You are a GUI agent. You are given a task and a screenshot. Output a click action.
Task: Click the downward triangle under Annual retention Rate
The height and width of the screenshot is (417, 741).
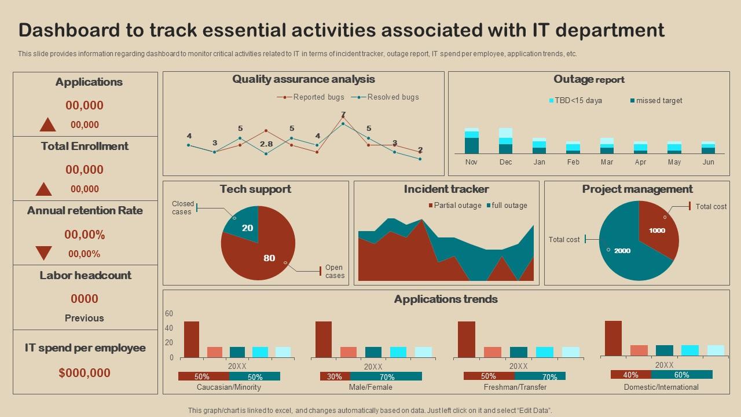tap(44, 253)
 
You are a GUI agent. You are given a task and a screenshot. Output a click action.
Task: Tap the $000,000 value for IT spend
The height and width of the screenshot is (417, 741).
tap(85, 373)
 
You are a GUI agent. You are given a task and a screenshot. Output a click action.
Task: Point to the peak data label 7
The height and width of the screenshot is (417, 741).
tap(343, 114)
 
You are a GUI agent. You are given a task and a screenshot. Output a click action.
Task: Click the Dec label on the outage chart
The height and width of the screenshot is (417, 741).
tap(505, 162)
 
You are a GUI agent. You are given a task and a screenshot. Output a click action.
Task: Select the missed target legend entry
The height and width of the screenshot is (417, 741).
tap(656, 101)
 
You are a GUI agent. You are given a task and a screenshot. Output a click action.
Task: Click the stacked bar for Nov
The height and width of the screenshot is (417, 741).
tap(472, 141)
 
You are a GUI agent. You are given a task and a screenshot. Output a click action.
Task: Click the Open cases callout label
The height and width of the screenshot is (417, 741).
tap(335, 272)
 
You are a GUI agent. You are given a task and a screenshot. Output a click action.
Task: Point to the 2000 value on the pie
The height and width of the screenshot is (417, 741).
tap(622, 251)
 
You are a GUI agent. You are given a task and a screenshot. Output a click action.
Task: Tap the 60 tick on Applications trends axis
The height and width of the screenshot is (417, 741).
tap(169, 314)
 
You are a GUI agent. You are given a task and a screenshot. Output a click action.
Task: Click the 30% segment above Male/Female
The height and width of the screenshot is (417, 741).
tap(335, 376)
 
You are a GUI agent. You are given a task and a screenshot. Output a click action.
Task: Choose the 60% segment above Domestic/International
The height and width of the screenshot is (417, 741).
tap(681, 375)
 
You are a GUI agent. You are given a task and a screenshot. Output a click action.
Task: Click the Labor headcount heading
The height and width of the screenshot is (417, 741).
tap(85, 276)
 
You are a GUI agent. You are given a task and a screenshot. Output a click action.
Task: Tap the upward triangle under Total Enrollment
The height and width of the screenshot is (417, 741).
tap(44, 189)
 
